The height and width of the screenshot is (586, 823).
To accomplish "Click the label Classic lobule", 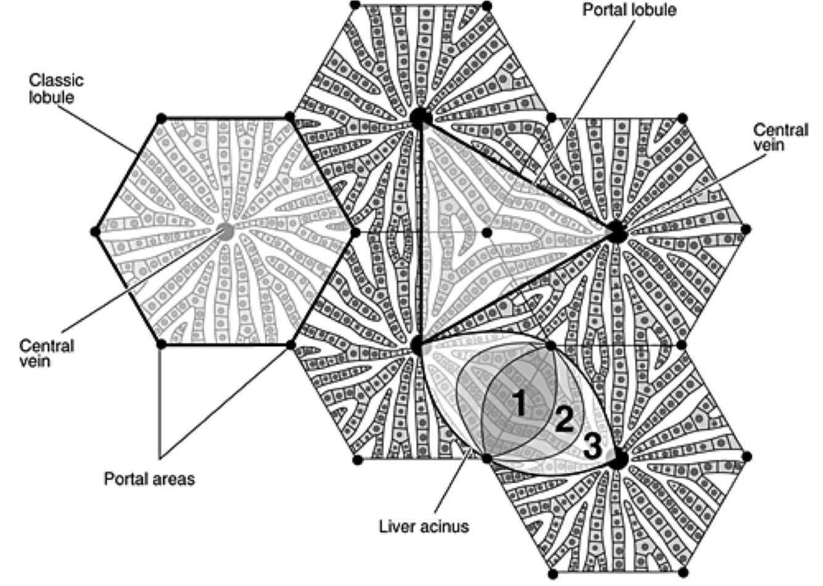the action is pyautogui.click(x=56, y=89).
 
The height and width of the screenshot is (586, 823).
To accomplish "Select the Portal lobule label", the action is pyautogui.click(x=629, y=10).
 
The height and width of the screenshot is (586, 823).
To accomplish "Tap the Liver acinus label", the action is pyautogui.click(x=424, y=526).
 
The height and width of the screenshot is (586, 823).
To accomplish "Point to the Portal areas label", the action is pyautogui.click(x=149, y=478).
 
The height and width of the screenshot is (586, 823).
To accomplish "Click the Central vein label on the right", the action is pyautogui.click(x=780, y=137).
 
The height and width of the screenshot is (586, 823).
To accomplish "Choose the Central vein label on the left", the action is pyautogui.click(x=46, y=353).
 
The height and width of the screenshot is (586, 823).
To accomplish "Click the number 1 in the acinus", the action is pyautogui.click(x=518, y=404).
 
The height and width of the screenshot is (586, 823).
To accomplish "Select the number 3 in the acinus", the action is pyautogui.click(x=592, y=447).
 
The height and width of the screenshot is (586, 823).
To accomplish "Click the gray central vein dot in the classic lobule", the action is pyautogui.click(x=226, y=232).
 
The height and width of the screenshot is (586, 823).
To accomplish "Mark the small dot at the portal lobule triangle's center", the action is pyautogui.click(x=487, y=232).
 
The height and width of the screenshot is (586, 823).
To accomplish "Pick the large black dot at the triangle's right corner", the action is pyautogui.click(x=617, y=232).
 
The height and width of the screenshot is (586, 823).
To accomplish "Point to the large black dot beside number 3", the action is pyautogui.click(x=619, y=459).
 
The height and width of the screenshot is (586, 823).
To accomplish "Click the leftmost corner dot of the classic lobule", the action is pyautogui.click(x=94, y=231).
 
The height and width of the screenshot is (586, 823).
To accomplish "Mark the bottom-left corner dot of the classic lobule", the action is pyautogui.click(x=161, y=344).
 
